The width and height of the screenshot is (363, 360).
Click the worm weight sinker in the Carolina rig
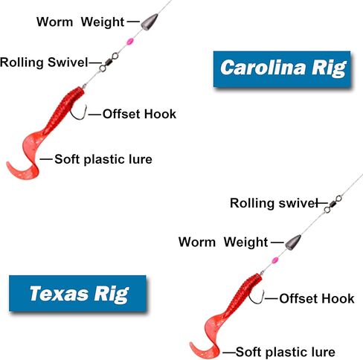coord(150,22)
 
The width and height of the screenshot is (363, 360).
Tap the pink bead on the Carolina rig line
coord(130,41)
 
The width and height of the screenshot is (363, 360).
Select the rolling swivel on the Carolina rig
coord(109,62)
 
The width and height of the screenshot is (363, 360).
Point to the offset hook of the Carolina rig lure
coord(79,113)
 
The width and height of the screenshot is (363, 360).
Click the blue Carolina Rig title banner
coord(282,69)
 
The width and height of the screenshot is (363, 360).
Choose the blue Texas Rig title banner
coord(77,293)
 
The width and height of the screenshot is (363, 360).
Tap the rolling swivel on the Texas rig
coord(333,204)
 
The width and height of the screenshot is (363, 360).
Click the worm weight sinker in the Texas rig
coord(293,242)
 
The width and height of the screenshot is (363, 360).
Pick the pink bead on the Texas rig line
coord(274,260)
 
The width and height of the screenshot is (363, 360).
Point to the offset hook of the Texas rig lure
coord(257,297)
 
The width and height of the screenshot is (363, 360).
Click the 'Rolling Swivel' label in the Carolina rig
coord(44,62)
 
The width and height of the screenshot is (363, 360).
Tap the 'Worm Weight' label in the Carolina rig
coord(80,22)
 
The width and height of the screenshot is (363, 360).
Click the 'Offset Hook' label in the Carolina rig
coord(139,114)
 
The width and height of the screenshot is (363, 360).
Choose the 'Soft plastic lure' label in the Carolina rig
coord(103,159)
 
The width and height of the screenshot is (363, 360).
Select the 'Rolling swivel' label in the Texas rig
coord(274,203)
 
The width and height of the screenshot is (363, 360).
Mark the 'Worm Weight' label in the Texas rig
coord(223,242)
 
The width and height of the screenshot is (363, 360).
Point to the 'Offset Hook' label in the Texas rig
coord(317,298)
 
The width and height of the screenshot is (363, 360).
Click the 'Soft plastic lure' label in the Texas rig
coord(286,352)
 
